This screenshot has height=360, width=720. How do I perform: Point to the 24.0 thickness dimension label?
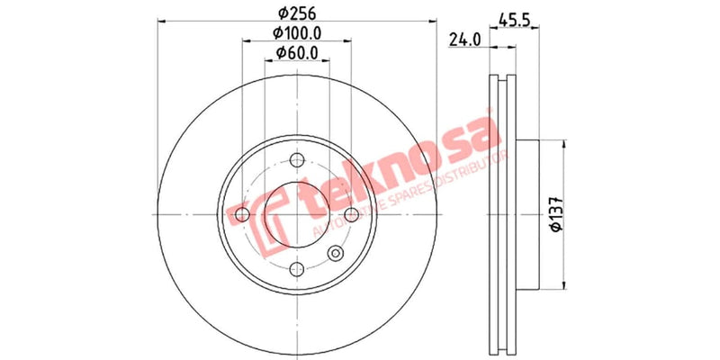coord(463,40)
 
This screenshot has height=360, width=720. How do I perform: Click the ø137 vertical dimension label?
coord(555,213)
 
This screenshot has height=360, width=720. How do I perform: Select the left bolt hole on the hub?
coord(242,214)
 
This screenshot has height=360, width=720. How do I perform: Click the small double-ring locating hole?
coord(337,254)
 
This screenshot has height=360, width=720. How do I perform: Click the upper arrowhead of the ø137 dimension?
coord(564,144)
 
